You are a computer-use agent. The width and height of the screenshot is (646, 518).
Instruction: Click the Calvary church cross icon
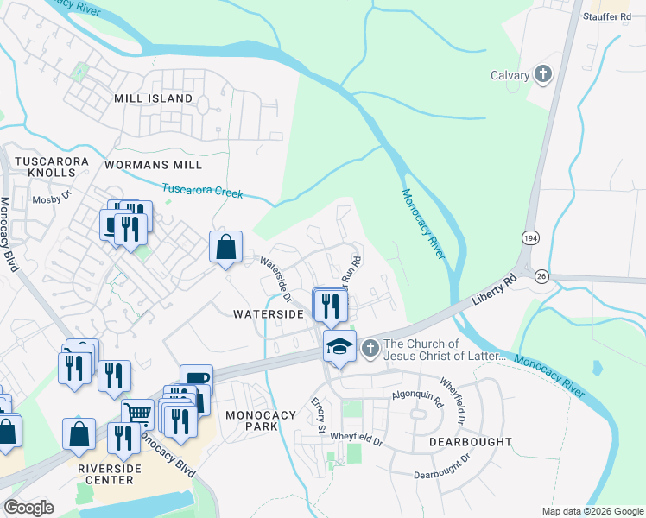(543, 75)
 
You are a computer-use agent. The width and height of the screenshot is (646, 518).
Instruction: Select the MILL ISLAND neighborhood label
(154, 98)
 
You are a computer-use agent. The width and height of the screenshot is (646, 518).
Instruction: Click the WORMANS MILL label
(153, 164)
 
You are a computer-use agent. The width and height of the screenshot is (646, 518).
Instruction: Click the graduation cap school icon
(339, 347)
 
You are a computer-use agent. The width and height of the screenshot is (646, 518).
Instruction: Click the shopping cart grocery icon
(137, 414)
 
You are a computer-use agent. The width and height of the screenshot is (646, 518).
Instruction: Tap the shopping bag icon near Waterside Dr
(225, 247)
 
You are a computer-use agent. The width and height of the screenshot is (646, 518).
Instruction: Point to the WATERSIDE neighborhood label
(269, 314)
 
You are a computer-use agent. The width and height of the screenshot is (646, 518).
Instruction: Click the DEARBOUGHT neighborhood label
(470, 441)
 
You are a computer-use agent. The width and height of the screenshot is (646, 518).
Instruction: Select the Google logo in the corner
(28, 508)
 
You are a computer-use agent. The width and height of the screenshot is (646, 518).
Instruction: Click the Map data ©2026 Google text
(592, 511)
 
